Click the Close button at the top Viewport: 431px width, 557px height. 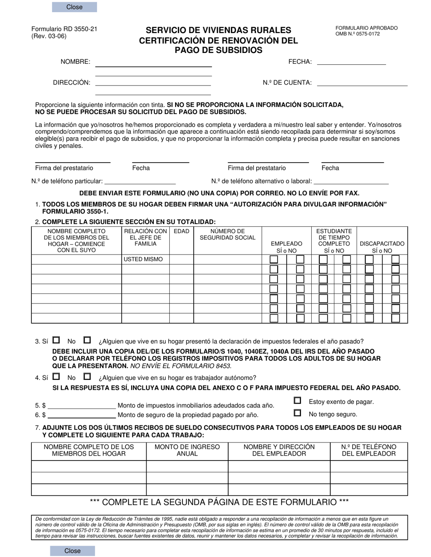(x=74, y=7)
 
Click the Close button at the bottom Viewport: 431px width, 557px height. (x=73, y=551)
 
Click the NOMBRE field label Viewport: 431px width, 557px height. (x=75, y=62)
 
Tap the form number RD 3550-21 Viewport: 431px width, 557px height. (x=64, y=29)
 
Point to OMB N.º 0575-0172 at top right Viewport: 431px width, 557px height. (x=358, y=34)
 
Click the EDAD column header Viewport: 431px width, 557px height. (x=181, y=231)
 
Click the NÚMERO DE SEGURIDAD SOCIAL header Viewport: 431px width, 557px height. (x=227, y=235)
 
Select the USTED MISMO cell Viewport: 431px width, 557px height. (x=145, y=259)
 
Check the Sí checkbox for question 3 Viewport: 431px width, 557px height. (x=56, y=340)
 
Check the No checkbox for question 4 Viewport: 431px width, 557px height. (x=87, y=376)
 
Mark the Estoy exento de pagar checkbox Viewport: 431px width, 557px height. (x=298, y=400)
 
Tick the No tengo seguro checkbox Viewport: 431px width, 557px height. (x=298, y=413)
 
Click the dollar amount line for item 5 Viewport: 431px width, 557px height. (x=82, y=406)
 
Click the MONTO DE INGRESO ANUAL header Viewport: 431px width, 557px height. (x=187, y=450)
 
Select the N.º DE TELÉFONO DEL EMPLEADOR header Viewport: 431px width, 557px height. (x=368, y=450)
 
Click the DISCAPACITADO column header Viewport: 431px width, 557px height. (x=382, y=247)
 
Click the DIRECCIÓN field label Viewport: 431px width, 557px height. (x=71, y=83)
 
